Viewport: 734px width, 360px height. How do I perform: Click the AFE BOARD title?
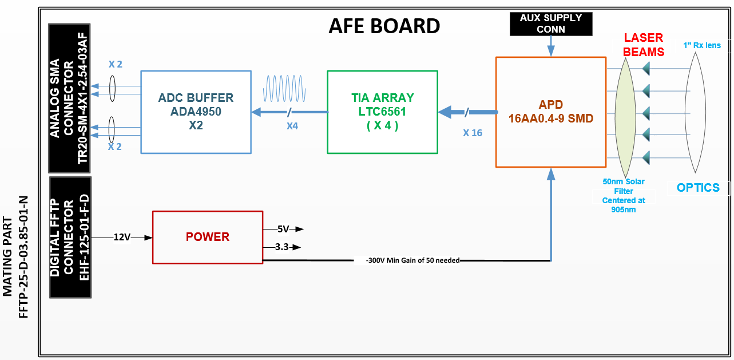click(x=384, y=26)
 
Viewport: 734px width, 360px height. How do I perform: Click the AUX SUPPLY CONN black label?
click(x=551, y=23)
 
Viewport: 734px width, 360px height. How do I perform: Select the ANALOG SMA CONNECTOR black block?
click(x=69, y=98)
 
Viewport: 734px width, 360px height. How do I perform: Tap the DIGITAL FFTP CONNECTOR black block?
click(x=70, y=238)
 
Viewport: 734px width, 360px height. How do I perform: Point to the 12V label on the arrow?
click(x=122, y=237)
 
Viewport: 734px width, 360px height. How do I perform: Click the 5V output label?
click(x=283, y=229)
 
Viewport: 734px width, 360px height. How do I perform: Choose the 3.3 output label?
click(x=282, y=247)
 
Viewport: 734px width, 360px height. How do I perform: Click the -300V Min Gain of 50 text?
click(x=412, y=260)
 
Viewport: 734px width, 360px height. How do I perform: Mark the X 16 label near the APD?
click(x=473, y=133)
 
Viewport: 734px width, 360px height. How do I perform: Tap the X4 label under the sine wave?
click(x=292, y=126)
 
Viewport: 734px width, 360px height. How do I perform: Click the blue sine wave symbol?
click(x=284, y=89)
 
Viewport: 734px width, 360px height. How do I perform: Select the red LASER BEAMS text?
click(x=644, y=45)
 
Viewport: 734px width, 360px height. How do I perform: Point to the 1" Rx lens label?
click(x=702, y=45)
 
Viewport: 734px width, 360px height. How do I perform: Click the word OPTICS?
click(x=699, y=188)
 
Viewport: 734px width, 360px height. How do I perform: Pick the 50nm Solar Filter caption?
click(x=624, y=195)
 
